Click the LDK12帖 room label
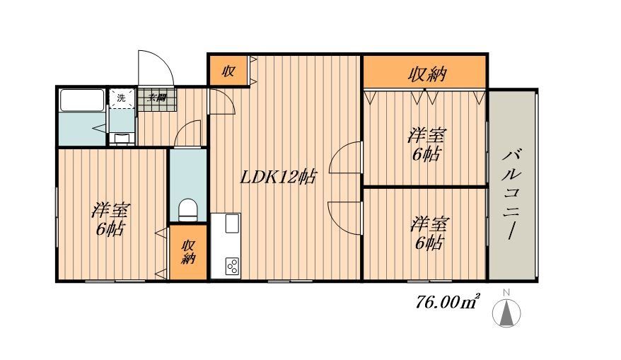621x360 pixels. pyautogui.click(x=277, y=177)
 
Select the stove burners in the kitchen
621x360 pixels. pyautogui.click(x=232, y=266)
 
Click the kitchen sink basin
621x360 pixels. pyautogui.click(x=232, y=223)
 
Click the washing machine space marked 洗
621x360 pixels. pyautogui.click(x=121, y=98)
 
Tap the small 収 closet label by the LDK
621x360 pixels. pyautogui.click(x=228, y=71)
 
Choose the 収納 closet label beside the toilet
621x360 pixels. pyautogui.click(x=188, y=252)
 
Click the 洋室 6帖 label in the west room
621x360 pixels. pyautogui.click(x=110, y=219)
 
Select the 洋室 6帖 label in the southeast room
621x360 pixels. pyautogui.click(x=428, y=233)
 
